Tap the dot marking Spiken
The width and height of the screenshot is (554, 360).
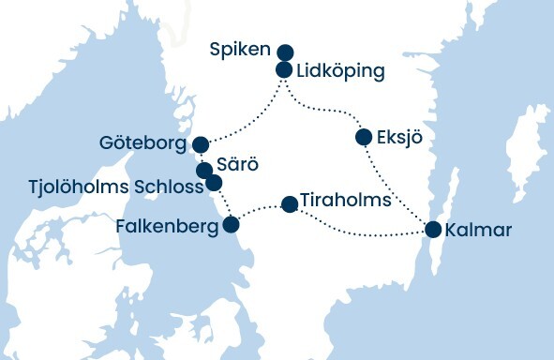[285, 52]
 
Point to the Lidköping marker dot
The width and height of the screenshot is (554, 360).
[285, 69]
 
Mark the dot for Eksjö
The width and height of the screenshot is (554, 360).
[364, 138]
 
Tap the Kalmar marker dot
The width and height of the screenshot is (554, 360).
[433, 229]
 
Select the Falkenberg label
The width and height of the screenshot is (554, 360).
[166, 226]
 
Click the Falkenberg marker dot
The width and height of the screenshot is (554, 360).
[231, 225]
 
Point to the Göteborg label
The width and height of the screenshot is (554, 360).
[142, 144]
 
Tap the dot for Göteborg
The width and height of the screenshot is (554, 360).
[200, 144]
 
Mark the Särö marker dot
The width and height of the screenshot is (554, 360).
[203, 171]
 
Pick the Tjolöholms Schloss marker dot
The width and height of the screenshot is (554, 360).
[214, 183]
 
